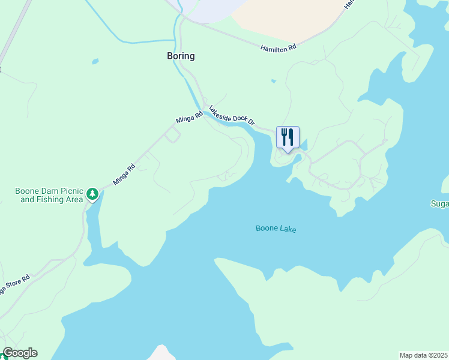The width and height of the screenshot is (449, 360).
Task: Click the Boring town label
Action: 180,56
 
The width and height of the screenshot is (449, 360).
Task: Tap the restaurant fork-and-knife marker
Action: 288,137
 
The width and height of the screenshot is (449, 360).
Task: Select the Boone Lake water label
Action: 276,229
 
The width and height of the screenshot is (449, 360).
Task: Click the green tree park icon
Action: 92,193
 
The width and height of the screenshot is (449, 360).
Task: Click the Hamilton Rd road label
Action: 279,48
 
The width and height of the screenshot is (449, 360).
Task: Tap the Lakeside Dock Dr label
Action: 232,115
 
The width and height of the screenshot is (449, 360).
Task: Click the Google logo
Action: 20,353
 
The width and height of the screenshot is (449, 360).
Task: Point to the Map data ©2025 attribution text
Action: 423,355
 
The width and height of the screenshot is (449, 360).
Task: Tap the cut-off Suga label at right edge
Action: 439,204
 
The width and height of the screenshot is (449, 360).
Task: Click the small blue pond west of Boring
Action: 95,61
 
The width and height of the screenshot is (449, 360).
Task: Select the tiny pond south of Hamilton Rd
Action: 274,81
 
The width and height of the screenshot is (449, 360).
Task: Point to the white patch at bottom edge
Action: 161,353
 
